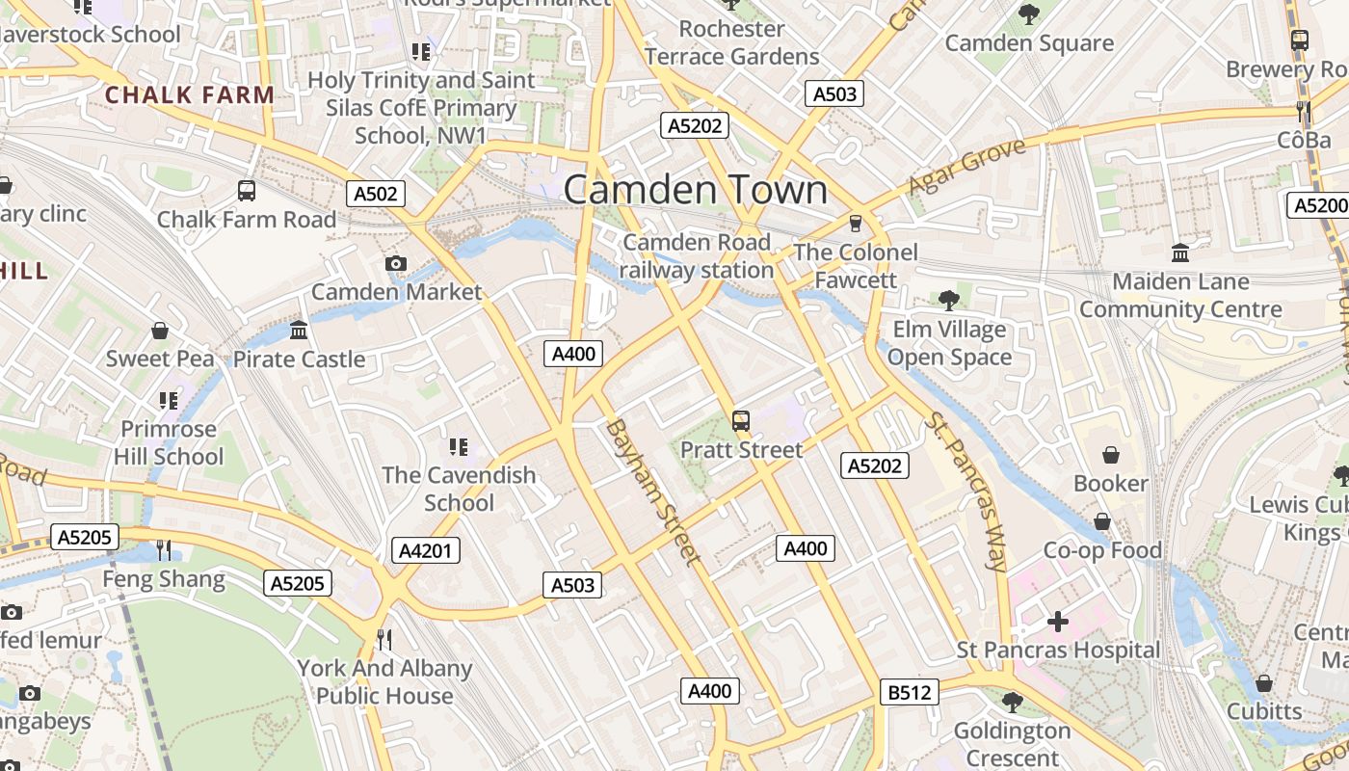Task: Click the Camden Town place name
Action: point(695,190)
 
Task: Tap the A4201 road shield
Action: point(426,550)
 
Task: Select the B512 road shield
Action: point(909,692)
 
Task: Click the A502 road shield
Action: point(376,194)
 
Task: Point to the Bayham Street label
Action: point(652,492)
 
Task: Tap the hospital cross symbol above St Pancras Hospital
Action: point(1058,622)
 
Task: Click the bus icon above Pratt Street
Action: point(740,420)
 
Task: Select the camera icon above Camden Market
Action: point(395,263)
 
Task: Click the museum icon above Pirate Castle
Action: point(299,331)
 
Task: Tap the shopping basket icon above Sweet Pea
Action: point(160,331)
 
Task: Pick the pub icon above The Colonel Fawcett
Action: point(855,224)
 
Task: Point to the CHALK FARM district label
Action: point(190,94)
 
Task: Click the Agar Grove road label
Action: point(966,166)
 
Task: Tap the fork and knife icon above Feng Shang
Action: point(164,550)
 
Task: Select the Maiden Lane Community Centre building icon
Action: point(1180,253)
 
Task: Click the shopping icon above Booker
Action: point(1111,454)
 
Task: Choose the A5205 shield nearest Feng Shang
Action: point(85,537)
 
